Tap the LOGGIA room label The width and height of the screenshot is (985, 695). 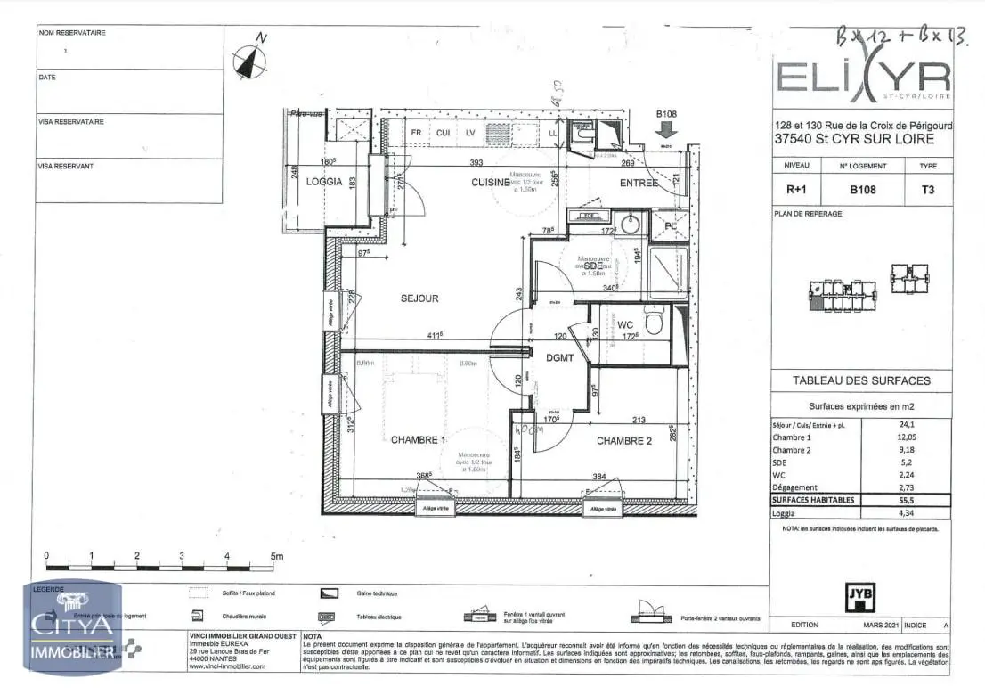click(324, 182)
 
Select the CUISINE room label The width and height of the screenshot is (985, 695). click(491, 182)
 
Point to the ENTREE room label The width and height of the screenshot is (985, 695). click(639, 183)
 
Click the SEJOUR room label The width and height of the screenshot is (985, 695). click(419, 298)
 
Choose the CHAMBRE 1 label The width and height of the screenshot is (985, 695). click(418, 439)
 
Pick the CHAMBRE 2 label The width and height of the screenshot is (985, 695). click(624, 440)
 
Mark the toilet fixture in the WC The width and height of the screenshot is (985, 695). click(655, 321)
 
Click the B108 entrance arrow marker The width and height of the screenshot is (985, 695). click(667, 129)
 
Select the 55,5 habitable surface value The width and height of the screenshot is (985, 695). click(908, 500)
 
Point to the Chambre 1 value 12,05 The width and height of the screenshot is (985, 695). click(908, 437)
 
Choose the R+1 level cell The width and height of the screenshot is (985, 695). click(796, 189)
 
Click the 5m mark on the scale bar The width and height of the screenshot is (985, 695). click(274, 556)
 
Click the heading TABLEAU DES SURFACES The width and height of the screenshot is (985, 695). click(861, 380)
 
